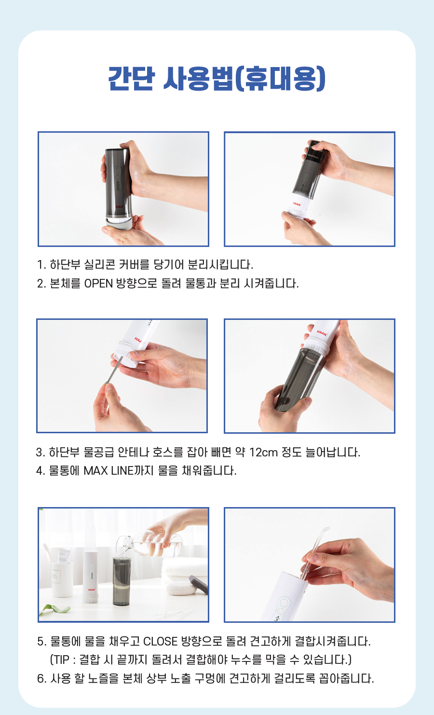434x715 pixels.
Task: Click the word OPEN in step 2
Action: coord(98,284)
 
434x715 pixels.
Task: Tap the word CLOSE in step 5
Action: coord(160,641)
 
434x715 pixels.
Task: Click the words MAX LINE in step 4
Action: coord(108,470)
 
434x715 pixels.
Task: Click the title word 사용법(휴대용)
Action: coord(244,79)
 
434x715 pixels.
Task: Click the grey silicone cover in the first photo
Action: coord(118,223)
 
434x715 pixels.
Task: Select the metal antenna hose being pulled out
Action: coord(114,371)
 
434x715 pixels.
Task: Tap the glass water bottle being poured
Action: coord(149,543)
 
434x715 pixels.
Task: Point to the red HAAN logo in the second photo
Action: coord(297,204)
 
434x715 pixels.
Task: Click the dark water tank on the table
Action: coord(122,581)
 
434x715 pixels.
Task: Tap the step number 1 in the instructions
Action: coord(40,264)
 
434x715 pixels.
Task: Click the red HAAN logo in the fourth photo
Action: coord(322,333)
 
